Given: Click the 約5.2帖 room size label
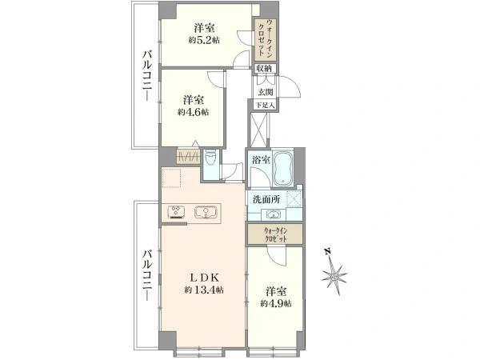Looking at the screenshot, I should (x=206, y=40).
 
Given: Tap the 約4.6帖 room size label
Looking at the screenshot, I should (x=193, y=113).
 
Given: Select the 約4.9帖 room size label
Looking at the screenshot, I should (x=275, y=304).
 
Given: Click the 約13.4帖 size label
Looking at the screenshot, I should (x=203, y=290).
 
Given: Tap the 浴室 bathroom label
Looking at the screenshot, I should (x=259, y=159).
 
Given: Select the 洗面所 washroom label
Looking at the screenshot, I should (x=265, y=198).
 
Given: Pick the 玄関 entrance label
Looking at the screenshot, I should (x=265, y=92).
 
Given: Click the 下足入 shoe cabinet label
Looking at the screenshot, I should (x=264, y=105).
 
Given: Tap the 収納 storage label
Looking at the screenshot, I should (x=265, y=68).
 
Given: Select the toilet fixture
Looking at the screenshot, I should (x=210, y=158).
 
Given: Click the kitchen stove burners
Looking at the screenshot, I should (x=177, y=212).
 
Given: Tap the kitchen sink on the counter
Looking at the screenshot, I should (x=206, y=212).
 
